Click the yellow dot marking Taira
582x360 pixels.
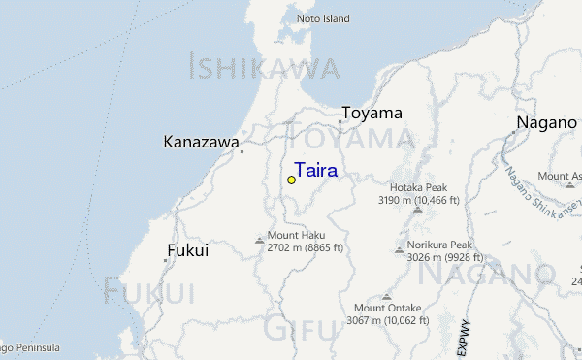[291, 180]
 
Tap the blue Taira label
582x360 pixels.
[316, 171]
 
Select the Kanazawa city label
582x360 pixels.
[202, 143]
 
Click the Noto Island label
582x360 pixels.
[322, 18]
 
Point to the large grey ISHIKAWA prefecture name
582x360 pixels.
[264, 68]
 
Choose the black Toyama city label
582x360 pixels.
[372, 114]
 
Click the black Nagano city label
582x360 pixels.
[546, 122]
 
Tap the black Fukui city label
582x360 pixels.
[188, 250]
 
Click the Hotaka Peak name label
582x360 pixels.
[418, 187]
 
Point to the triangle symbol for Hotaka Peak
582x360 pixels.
[417, 209]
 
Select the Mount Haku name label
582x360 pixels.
[296, 236]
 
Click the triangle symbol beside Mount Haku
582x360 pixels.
[259, 239]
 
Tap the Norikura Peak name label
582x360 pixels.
[439, 245]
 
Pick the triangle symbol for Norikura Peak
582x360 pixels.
[399, 249]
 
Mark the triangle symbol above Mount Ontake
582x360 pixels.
[387, 296]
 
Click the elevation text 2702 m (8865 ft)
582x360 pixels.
[305, 248]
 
